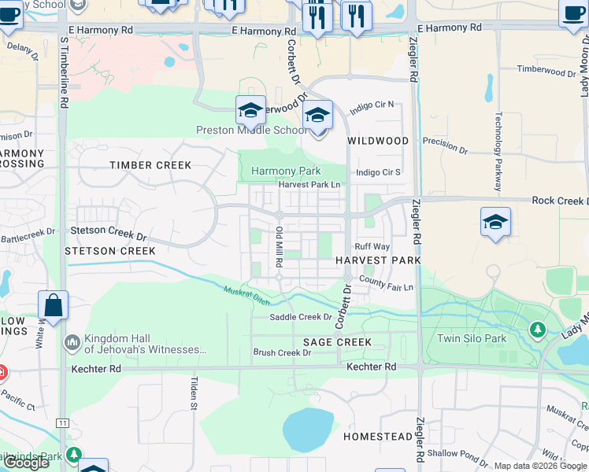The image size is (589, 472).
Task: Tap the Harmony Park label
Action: pyautogui.click(x=286, y=171)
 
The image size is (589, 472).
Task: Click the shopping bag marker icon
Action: pyautogui.click(x=53, y=307)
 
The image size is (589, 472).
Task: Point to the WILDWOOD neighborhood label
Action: pyautogui.click(x=378, y=141)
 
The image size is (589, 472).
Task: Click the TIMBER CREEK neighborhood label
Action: pyautogui.click(x=150, y=165)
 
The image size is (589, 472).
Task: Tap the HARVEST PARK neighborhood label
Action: pyautogui.click(x=377, y=260)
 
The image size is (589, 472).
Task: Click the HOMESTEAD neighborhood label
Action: pyautogui.click(x=377, y=436)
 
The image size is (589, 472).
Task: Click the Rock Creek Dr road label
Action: pyautogui.click(x=558, y=201)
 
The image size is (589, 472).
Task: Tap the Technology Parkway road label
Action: pyautogui.click(x=498, y=152)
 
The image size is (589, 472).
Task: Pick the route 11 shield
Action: pyautogui.click(x=62, y=423)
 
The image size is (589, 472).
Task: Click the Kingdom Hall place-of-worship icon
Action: pyautogui.click(x=72, y=341)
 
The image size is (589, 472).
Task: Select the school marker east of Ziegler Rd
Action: pyautogui.click(x=495, y=222)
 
